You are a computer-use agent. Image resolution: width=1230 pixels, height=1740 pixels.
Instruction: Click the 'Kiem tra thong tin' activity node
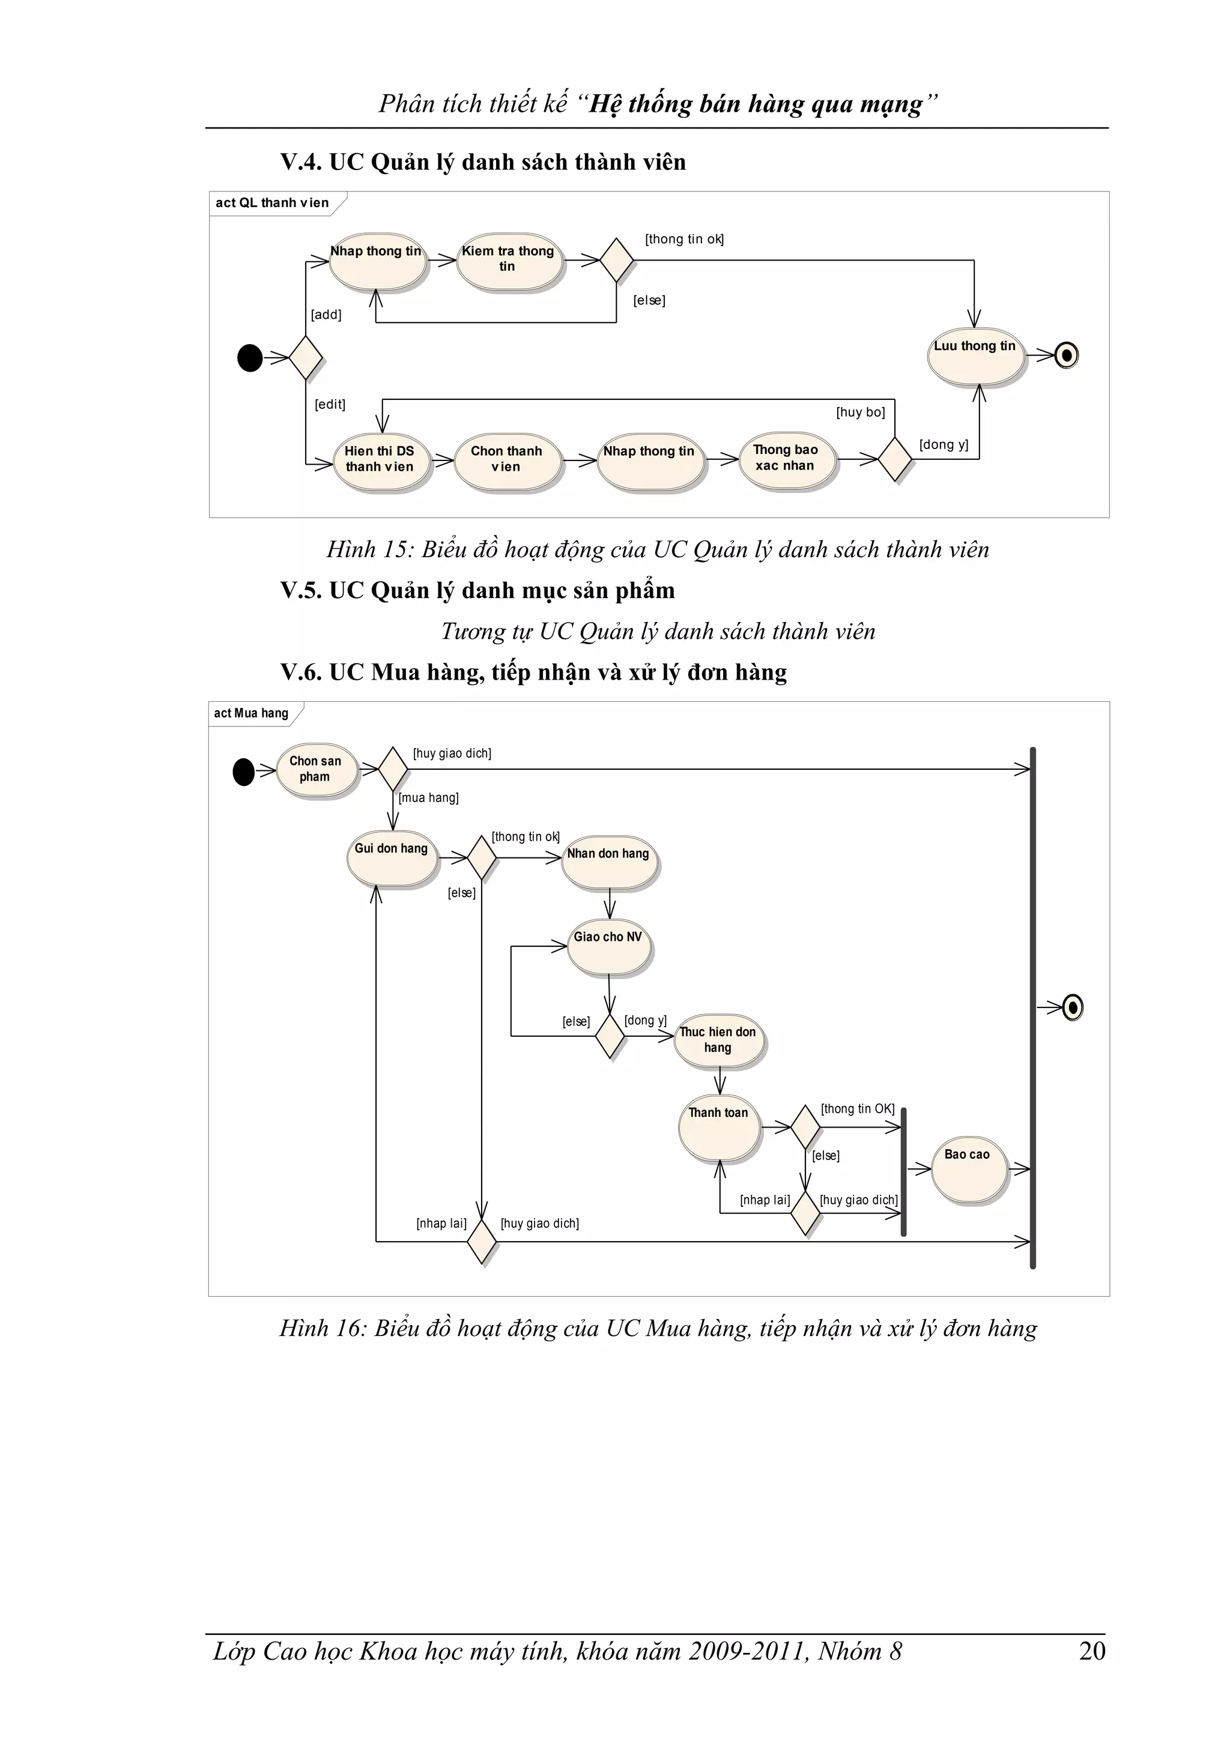point(509,261)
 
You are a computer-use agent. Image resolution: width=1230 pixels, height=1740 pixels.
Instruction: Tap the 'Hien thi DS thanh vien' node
point(380,460)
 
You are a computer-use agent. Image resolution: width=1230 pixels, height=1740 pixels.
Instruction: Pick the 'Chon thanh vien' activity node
point(507,460)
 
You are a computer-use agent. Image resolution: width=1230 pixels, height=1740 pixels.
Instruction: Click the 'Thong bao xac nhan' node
point(786,459)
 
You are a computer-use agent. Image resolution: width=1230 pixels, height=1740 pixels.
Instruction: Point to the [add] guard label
point(326,315)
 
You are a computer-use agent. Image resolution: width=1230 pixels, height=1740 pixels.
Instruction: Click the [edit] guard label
point(330,405)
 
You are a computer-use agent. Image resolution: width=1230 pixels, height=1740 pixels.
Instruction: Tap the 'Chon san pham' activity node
point(315,770)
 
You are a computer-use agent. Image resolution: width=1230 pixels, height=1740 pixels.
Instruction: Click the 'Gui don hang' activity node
point(392,858)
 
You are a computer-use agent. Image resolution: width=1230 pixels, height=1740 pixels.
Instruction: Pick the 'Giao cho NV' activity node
point(608,946)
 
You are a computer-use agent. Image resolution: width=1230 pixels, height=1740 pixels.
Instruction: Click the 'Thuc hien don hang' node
point(718,1041)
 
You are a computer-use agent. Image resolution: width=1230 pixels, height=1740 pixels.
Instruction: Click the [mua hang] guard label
point(429,798)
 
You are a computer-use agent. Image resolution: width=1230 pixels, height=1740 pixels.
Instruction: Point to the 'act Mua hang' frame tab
point(252,713)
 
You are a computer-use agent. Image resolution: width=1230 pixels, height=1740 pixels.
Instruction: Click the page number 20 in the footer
point(1092,1651)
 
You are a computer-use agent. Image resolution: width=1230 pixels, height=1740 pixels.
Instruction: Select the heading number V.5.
point(301,590)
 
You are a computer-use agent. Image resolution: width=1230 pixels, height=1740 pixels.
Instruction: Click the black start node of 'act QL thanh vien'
point(250,358)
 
